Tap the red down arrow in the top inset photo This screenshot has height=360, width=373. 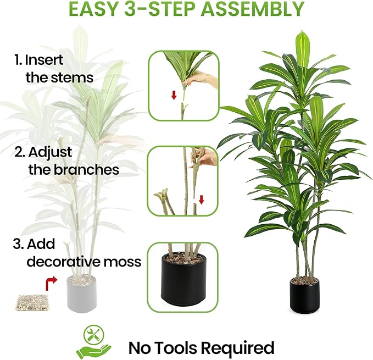pos(174,95)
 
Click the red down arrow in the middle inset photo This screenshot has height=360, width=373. pos(201,199)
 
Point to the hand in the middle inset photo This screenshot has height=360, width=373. pos(203,159)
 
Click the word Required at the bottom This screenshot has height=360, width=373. pos(238,347)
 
